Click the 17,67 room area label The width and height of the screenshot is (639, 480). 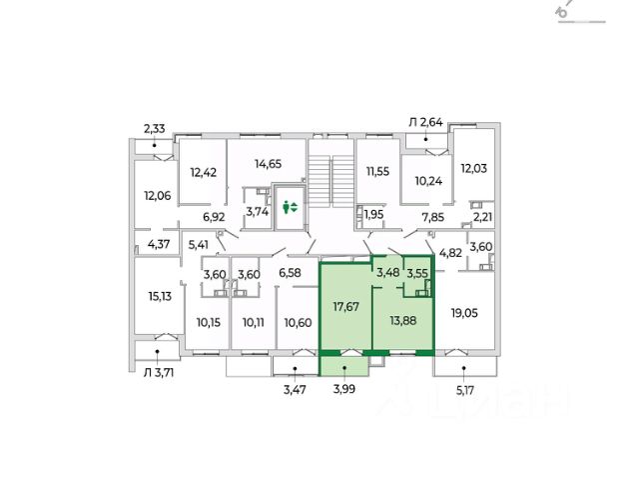point(344,308)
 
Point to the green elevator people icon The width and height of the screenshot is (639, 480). point(291,207)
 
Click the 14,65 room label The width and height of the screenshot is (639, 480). point(268,164)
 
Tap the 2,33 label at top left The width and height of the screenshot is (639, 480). point(155,128)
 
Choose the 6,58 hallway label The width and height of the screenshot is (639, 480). point(290,272)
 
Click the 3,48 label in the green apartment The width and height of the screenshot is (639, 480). point(387,272)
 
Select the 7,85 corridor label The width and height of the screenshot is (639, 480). point(432,216)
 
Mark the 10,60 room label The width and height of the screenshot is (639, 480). point(298,322)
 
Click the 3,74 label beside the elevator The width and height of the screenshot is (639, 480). point(257,211)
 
